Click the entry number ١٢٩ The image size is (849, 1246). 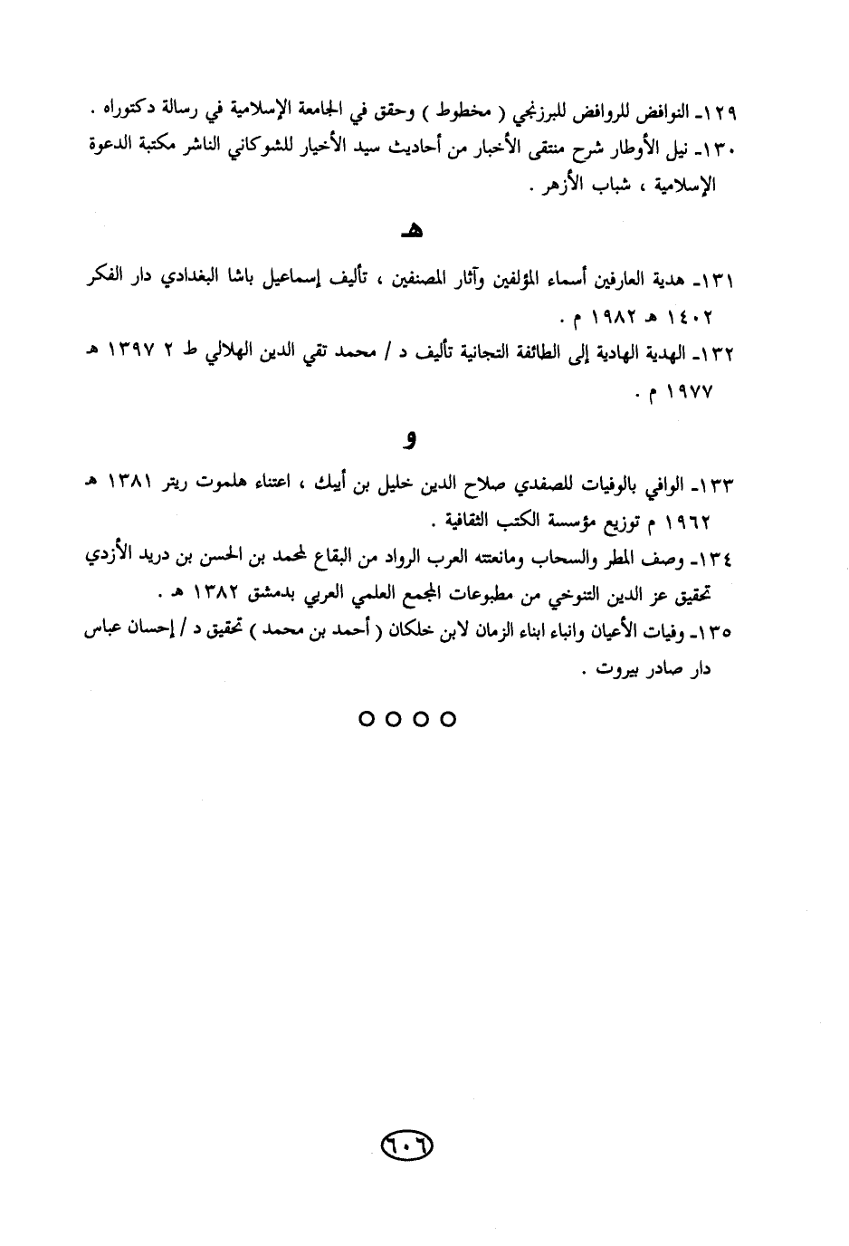720,115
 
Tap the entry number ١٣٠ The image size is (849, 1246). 720,149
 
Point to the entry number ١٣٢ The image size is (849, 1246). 720,354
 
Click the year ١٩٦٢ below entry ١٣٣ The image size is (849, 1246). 689,523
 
